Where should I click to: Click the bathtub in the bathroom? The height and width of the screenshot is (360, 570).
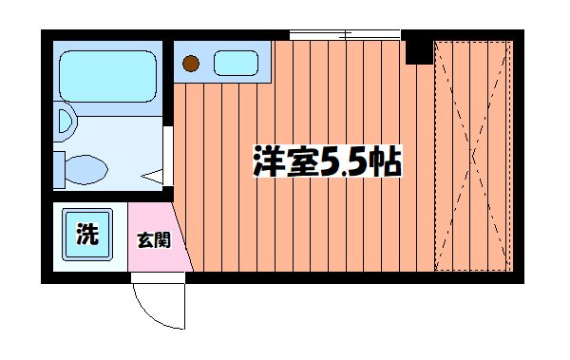pyautogui.click(x=104, y=75)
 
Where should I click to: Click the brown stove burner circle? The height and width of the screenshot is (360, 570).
pyautogui.click(x=192, y=65)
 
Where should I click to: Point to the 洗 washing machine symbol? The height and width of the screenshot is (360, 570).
pyautogui.click(x=86, y=232)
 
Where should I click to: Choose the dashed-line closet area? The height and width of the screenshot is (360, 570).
pyautogui.click(x=473, y=157)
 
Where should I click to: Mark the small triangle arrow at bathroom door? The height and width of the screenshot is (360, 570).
pyautogui.click(x=153, y=177)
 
